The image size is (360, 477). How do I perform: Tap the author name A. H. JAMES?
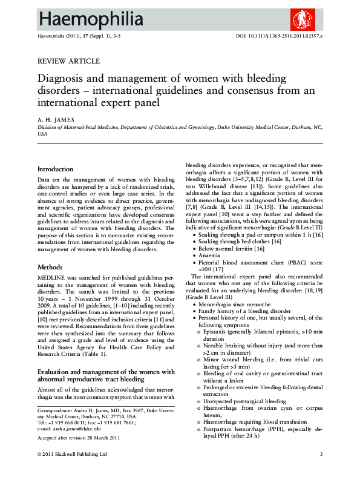[56, 120]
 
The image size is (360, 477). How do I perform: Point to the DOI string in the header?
[278, 37]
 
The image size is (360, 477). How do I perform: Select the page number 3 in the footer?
[321, 454]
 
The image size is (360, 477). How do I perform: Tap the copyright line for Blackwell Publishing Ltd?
[72, 454]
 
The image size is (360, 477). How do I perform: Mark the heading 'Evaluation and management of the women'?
[106, 372]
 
